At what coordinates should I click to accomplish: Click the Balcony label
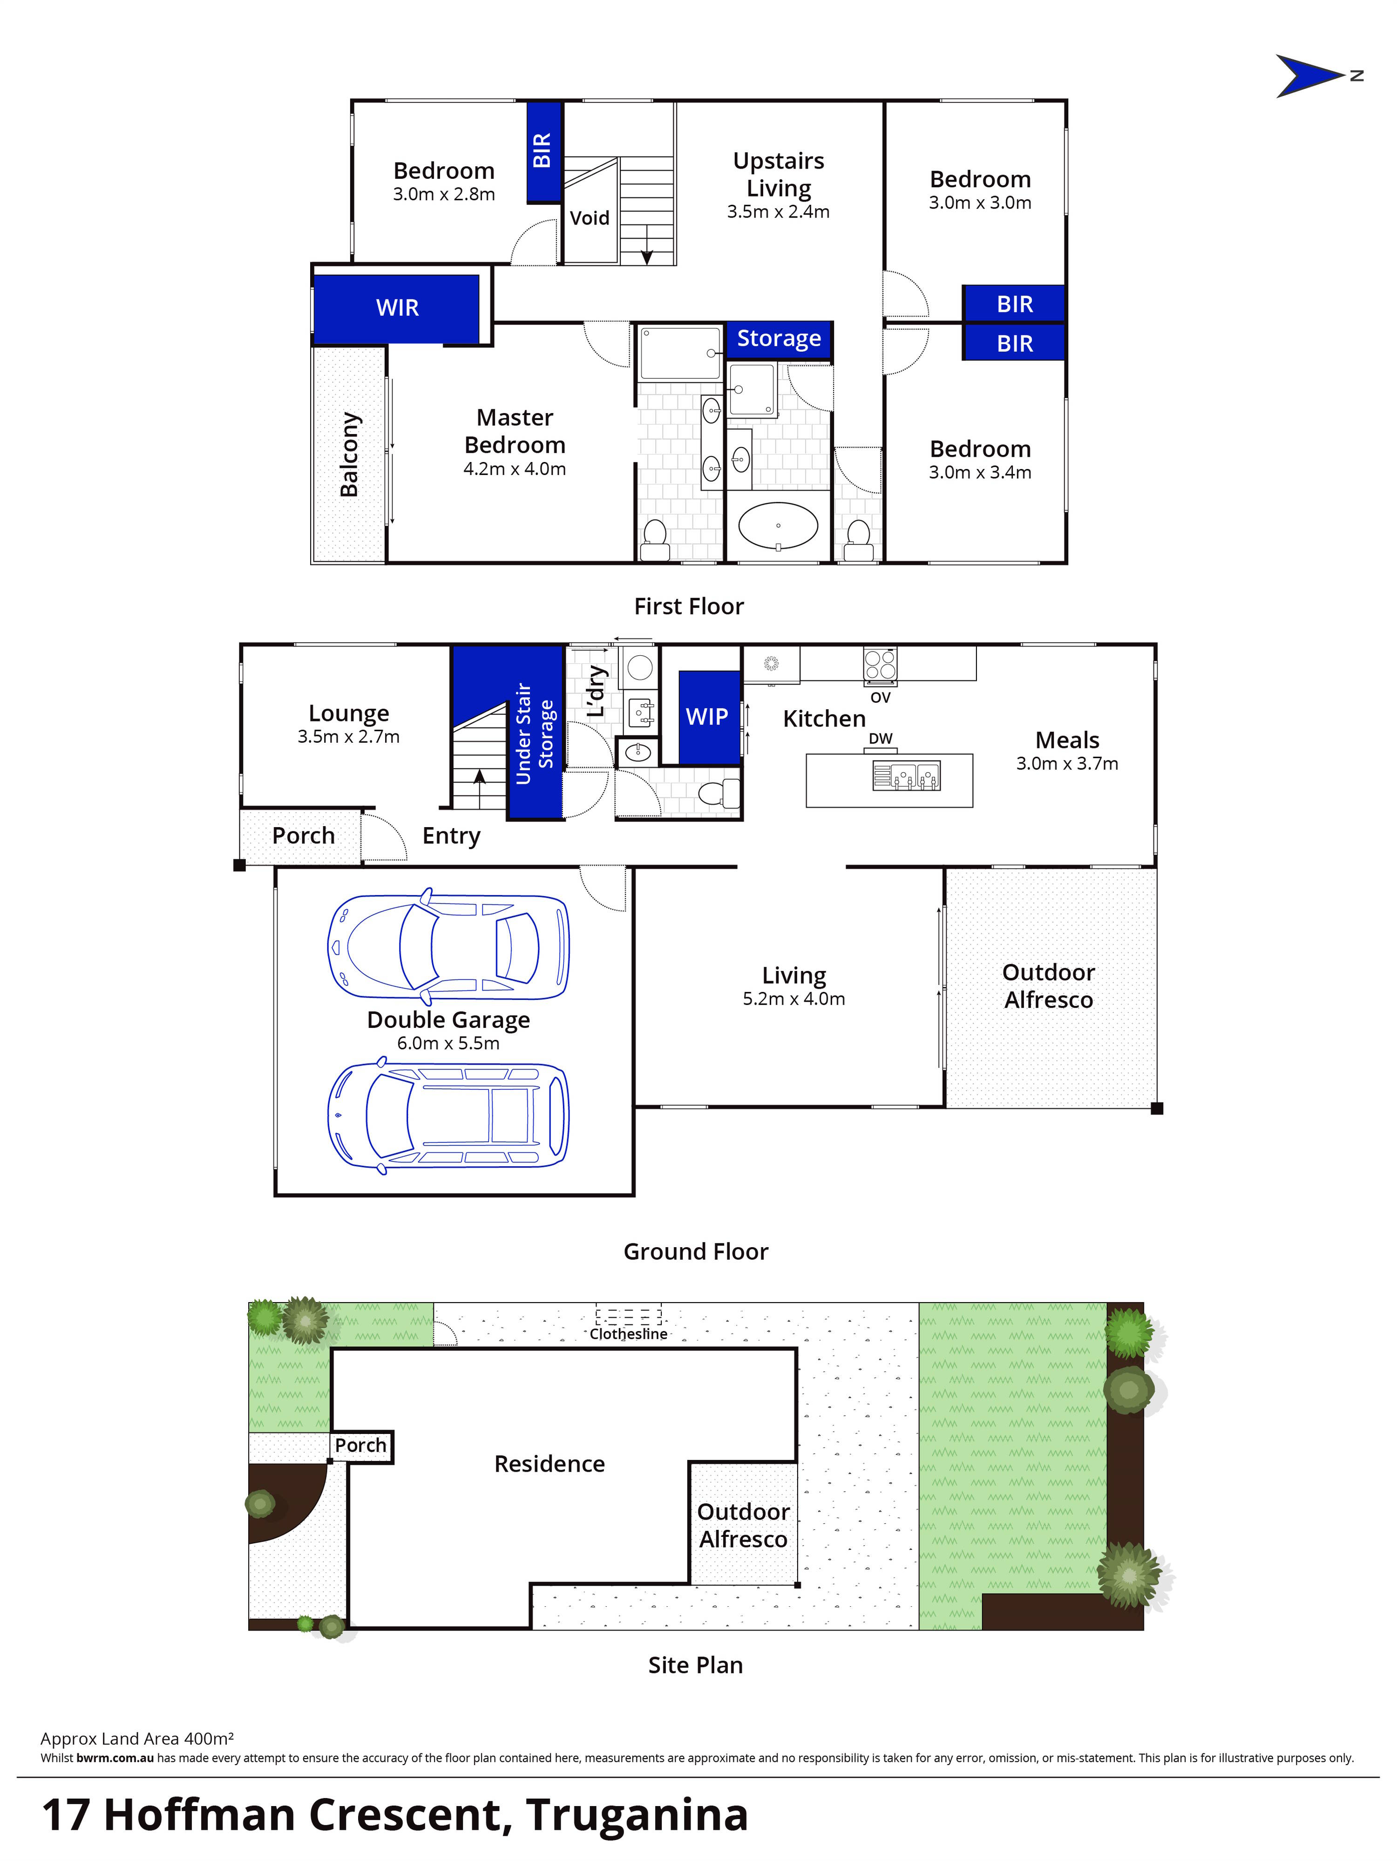click(349, 455)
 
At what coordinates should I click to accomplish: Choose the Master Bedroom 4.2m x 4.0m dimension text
click(514, 469)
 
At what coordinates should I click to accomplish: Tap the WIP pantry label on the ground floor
click(706, 717)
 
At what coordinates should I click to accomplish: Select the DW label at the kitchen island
click(880, 739)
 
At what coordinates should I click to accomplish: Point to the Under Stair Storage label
click(534, 734)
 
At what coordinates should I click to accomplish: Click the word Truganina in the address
click(637, 1815)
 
